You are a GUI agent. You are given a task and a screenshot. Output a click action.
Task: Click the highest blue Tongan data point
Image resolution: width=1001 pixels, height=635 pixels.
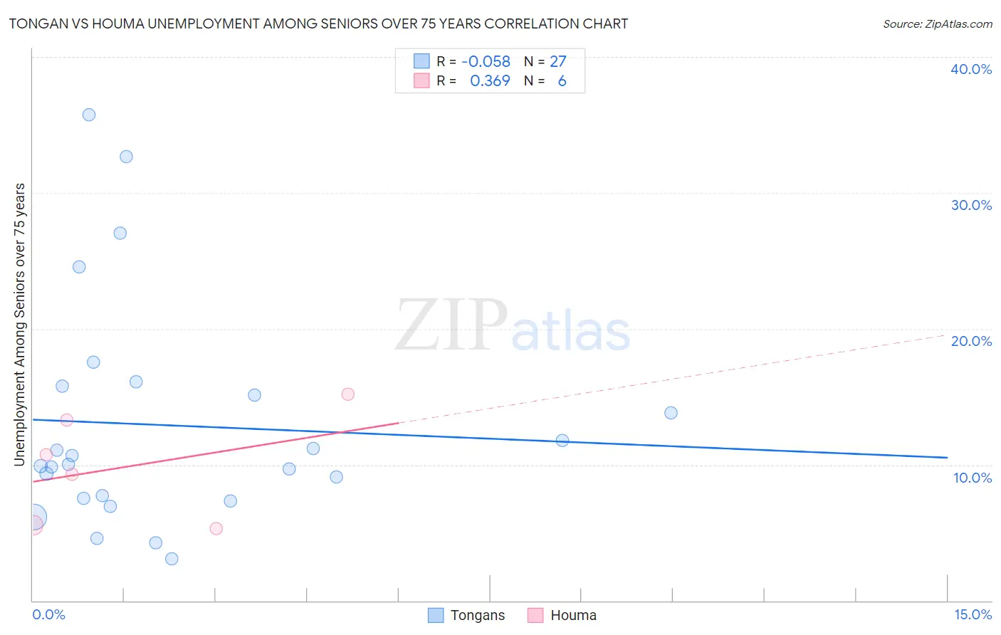pyautogui.click(x=89, y=115)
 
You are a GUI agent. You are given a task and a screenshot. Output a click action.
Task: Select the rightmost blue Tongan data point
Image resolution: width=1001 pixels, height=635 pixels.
pyautogui.click(x=671, y=413)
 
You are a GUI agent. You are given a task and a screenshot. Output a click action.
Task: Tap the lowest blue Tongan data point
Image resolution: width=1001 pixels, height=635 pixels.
pyautogui.click(x=172, y=559)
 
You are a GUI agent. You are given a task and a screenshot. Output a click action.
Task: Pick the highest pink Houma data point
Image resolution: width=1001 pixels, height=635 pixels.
pyautogui.click(x=348, y=394)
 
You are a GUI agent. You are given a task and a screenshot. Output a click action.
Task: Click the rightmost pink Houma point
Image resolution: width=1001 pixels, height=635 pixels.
pyautogui.click(x=348, y=394)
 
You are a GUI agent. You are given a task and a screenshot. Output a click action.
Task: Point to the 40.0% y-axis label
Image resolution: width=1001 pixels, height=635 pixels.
pyautogui.click(x=971, y=69)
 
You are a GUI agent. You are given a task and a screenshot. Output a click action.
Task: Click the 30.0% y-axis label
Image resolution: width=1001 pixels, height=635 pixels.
pyautogui.click(x=971, y=205)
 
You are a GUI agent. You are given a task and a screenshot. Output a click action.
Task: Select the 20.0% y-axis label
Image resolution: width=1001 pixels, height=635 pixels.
pyautogui.click(x=971, y=341)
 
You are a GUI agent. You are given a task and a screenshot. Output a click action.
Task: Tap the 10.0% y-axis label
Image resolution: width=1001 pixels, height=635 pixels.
pyautogui.click(x=973, y=478)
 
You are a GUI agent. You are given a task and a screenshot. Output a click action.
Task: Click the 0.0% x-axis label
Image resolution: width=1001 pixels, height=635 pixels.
pyautogui.click(x=48, y=614)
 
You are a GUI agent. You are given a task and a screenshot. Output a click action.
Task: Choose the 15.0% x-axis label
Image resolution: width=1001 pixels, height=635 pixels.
pyautogui.click(x=973, y=614)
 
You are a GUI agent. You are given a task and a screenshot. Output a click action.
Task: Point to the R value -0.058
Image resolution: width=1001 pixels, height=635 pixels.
pyautogui.click(x=486, y=62)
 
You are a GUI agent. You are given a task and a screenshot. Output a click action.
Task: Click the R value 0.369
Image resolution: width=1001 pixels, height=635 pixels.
pyautogui.click(x=490, y=81)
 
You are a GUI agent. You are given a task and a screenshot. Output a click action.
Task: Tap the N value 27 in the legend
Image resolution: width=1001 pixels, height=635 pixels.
pyautogui.click(x=557, y=62)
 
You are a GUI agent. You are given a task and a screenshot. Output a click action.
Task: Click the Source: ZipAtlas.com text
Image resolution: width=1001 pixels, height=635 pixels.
pyautogui.click(x=937, y=24)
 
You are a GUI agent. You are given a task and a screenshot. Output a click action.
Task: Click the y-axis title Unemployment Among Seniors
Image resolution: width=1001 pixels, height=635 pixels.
pyautogui.click(x=19, y=325)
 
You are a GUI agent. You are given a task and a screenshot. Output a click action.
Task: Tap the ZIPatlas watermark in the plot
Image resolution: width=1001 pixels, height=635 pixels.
pyautogui.click(x=513, y=326)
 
